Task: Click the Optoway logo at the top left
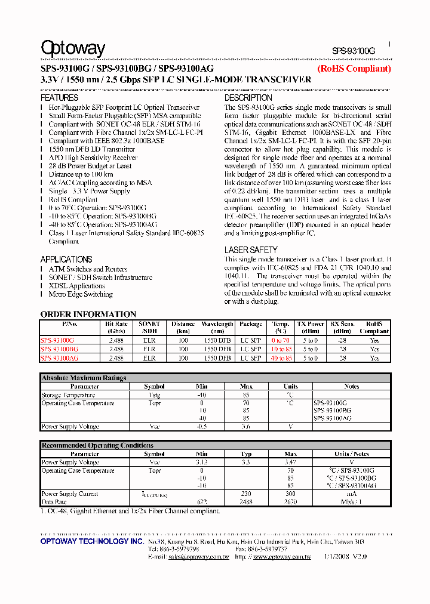point(73,48)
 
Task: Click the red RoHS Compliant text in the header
point(354,69)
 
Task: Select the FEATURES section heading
point(59,97)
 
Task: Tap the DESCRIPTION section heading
point(248,97)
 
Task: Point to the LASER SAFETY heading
point(251,250)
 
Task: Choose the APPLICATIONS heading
point(66,259)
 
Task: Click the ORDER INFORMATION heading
point(88,314)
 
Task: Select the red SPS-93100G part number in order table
point(57,340)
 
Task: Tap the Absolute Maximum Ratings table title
point(84,378)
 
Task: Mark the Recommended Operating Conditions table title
point(97,445)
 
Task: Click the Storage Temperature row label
point(68,395)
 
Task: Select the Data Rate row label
point(54,502)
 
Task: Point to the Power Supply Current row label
point(69,494)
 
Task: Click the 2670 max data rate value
point(290,502)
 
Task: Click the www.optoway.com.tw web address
point(282,557)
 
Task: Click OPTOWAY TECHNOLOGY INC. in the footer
point(92,541)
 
